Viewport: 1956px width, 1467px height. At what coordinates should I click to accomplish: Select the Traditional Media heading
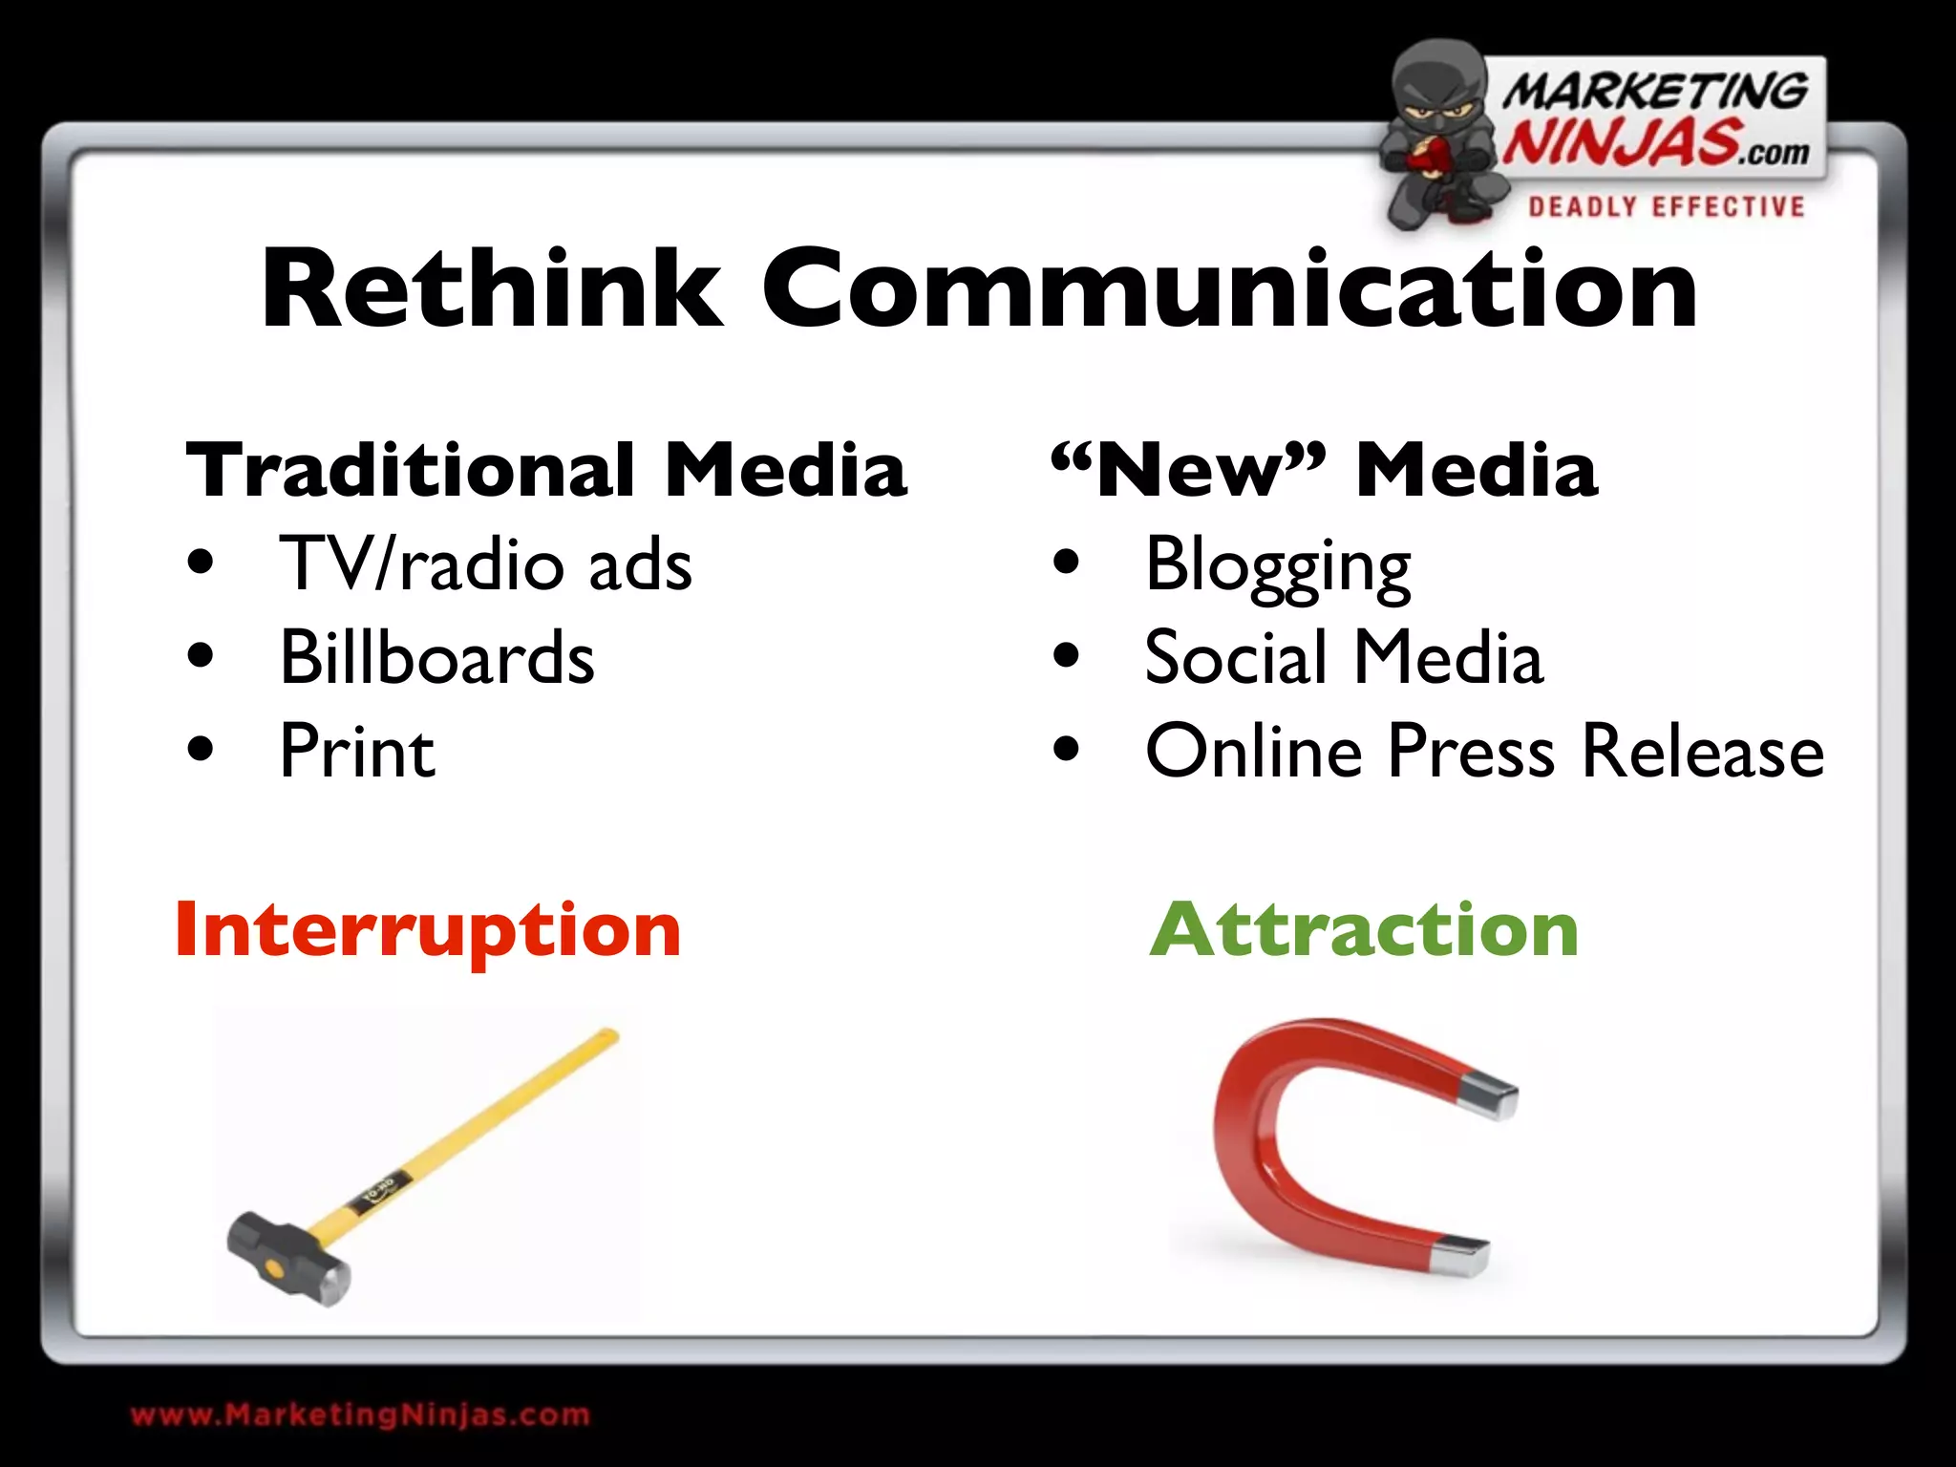(546, 470)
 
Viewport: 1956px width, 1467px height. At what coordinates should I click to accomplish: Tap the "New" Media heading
(1324, 470)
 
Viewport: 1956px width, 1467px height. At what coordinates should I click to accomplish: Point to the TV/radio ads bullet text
(485, 564)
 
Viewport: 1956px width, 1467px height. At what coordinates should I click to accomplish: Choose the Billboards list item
(436, 657)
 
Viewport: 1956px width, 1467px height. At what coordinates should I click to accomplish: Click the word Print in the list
(357, 751)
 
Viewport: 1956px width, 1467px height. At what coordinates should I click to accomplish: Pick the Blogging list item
(1278, 566)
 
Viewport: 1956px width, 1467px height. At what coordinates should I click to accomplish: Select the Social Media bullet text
(1344, 657)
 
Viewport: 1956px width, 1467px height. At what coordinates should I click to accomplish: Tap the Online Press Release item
(1484, 751)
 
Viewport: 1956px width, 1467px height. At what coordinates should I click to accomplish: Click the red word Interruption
(427, 930)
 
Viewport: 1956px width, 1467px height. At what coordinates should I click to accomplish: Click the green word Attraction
(1364, 930)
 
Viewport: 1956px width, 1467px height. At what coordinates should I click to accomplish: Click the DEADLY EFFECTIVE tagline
(1667, 207)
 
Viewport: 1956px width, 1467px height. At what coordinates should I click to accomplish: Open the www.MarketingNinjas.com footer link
(360, 1414)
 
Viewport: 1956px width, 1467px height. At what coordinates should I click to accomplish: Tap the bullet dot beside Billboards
(201, 656)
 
